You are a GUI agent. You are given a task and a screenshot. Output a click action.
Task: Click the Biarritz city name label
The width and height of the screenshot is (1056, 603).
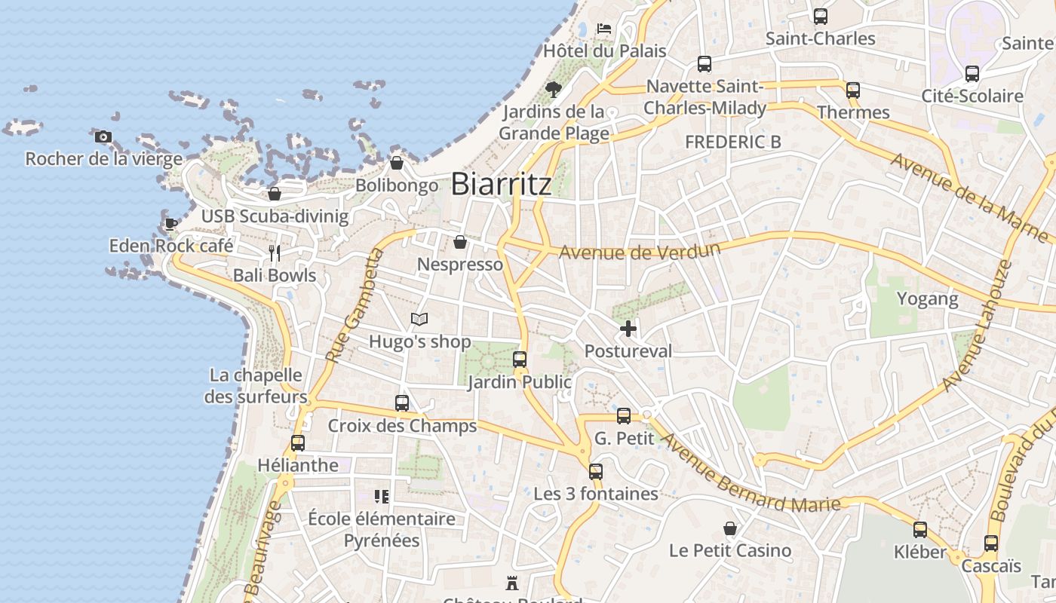tap(502, 185)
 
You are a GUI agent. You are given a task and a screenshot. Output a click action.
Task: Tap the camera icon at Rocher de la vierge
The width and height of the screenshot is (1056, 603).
tap(103, 136)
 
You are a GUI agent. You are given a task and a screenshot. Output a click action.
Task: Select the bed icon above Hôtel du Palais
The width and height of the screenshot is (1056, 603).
tap(604, 29)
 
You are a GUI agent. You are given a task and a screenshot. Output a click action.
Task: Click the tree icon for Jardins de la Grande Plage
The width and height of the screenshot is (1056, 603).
tap(554, 90)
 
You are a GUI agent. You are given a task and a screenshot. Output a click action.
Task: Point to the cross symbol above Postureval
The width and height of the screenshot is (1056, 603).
tap(628, 329)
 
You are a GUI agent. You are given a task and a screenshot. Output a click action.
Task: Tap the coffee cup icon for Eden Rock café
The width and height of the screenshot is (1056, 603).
tap(171, 224)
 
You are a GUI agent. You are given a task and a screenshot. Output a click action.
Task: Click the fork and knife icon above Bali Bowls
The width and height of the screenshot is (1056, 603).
tap(275, 253)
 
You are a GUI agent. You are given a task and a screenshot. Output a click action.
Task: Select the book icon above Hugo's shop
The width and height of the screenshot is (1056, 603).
tap(419, 320)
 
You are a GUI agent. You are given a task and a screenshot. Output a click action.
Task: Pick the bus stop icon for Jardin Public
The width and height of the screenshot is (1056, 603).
tap(520, 360)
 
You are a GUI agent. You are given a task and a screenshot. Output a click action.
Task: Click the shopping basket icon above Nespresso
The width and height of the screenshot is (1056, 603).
tap(460, 242)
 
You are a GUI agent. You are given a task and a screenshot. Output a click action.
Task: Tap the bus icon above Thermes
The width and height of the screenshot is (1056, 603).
tap(853, 90)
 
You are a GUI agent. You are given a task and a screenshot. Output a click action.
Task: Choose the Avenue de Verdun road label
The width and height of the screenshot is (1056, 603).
tap(640, 251)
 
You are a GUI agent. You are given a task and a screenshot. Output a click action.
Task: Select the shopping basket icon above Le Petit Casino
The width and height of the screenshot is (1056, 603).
tap(730, 528)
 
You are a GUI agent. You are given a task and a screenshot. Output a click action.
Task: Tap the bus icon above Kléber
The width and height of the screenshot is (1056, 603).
tap(920, 530)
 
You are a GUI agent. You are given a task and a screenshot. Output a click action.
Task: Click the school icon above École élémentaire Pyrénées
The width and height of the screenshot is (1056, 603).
tap(382, 496)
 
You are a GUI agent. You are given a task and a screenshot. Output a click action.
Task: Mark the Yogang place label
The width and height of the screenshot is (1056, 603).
tap(927, 298)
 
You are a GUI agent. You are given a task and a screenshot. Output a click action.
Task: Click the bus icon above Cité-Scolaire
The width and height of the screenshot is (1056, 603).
tap(972, 74)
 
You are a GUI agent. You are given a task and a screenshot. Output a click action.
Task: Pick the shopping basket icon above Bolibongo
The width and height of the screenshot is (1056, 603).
tap(397, 163)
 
